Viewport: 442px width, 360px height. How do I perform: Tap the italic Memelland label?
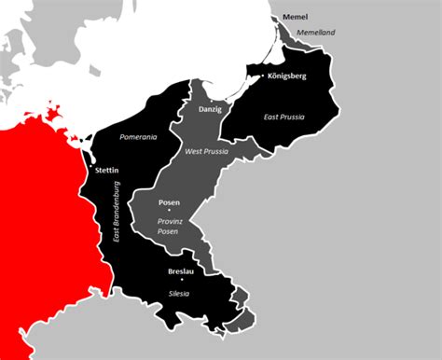click(x=315, y=33)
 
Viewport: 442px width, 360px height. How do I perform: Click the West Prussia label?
click(x=208, y=151)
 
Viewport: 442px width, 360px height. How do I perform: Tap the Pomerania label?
click(x=138, y=137)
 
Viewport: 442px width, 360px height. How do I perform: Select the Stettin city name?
click(x=107, y=172)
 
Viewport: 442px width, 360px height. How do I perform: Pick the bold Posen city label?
click(x=169, y=202)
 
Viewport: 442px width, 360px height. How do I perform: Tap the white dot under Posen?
click(x=169, y=213)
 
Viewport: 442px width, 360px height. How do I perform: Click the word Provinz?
click(x=169, y=222)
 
